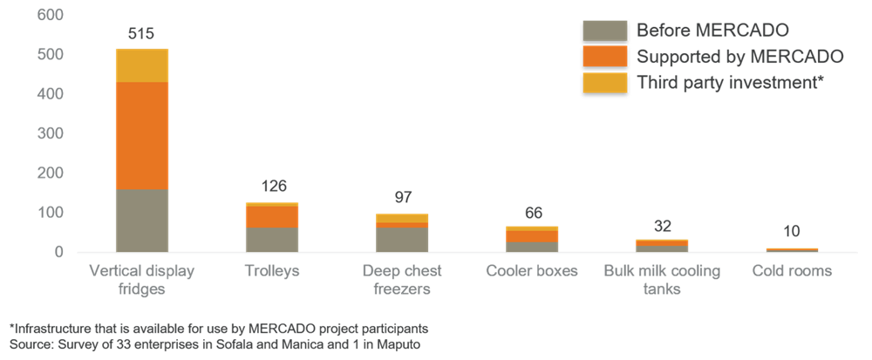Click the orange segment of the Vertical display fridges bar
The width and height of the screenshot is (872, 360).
coord(141,135)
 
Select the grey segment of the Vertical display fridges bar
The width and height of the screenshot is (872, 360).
coord(141,221)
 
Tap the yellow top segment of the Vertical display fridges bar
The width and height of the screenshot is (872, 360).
coord(141,65)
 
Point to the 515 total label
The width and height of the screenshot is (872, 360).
coord(140,35)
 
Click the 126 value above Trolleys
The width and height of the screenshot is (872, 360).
coord(273,187)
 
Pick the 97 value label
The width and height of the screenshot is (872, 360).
coord(402,197)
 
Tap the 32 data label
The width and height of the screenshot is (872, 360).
coord(662,226)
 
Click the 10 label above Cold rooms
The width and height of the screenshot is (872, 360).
coord(793,231)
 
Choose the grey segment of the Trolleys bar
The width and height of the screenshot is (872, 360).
coord(272,240)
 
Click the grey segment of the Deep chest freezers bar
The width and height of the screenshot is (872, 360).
coord(402,240)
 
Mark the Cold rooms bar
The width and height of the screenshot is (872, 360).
coord(793,249)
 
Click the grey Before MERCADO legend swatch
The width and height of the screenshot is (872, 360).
coord(604,31)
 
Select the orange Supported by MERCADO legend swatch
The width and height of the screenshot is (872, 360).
coord(604,58)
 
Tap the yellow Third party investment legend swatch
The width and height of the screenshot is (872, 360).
coord(604,84)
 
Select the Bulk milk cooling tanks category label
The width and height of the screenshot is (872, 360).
coord(662,280)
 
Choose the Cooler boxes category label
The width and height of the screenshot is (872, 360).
coord(532,271)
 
